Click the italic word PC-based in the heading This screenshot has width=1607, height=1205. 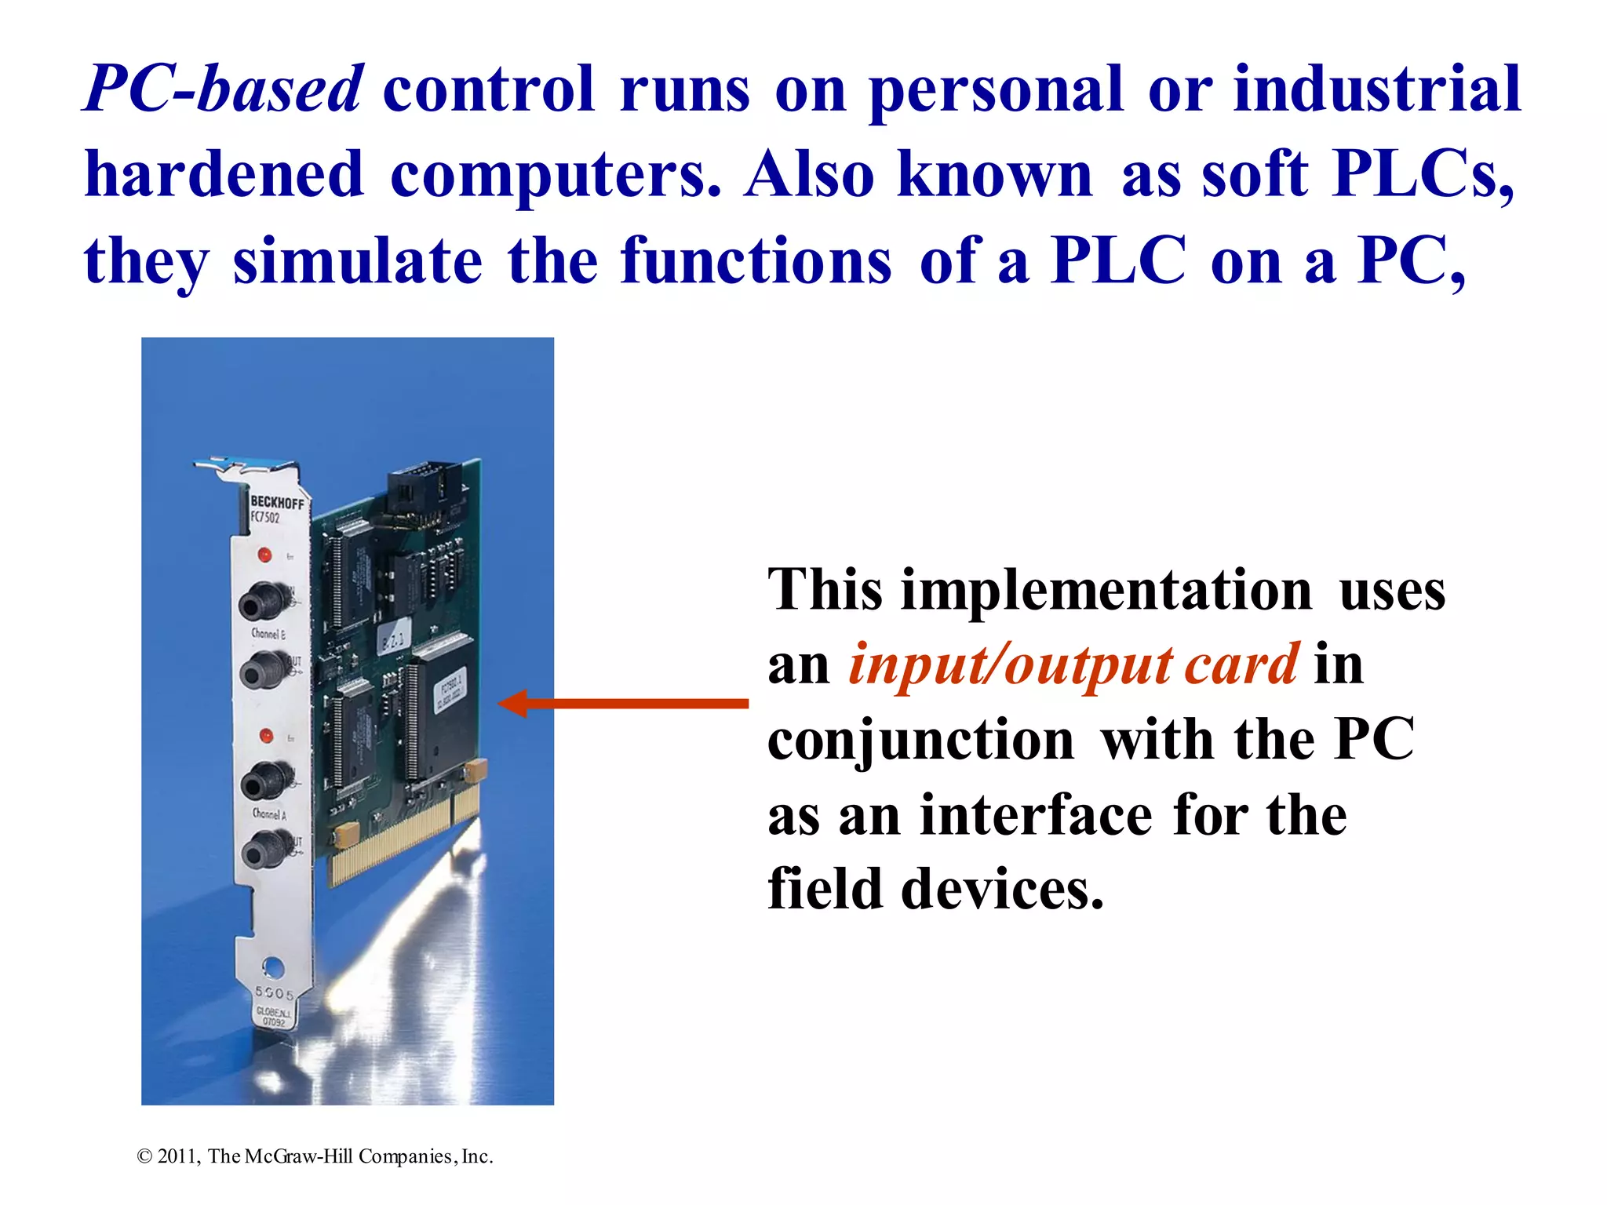(x=224, y=89)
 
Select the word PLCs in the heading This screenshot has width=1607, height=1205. (x=1422, y=174)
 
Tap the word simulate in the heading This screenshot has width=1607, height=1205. (x=358, y=261)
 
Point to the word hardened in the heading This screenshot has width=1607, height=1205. (x=224, y=174)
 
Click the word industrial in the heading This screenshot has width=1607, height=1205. (x=1377, y=89)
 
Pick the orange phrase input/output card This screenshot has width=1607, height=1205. (x=1073, y=665)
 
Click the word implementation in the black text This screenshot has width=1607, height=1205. (x=1106, y=590)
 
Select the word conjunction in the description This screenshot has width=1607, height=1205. (x=921, y=740)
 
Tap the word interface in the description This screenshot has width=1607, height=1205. (x=1036, y=815)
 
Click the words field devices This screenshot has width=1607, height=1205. (x=935, y=890)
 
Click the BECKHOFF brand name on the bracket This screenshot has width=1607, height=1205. (x=276, y=502)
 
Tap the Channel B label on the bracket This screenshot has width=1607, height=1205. (x=268, y=633)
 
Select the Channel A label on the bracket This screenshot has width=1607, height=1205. (x=269, y=814)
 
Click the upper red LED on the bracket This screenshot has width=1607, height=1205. (x=265, y=555)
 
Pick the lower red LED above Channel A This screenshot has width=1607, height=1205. (x=266, y=736)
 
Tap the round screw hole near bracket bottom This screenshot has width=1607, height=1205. (x=272, y=966)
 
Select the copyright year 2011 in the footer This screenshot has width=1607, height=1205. (x=178, y=1156)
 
